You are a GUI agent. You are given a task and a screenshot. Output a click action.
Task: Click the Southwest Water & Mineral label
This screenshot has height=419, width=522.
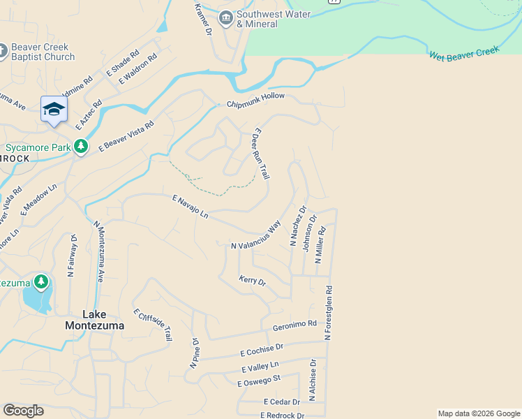257,19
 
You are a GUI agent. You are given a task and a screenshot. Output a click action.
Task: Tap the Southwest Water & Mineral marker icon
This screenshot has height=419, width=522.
225,18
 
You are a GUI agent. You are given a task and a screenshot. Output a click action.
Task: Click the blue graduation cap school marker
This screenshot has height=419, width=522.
54,110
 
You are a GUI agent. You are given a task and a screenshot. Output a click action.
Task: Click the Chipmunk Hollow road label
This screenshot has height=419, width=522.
256,104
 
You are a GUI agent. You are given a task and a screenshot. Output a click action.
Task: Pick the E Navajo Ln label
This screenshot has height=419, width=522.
191,207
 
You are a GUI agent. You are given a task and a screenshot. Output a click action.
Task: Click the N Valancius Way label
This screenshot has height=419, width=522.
255,235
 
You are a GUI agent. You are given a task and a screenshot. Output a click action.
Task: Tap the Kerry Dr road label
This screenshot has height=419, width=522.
253,281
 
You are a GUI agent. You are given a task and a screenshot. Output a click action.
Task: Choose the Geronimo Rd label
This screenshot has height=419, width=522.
294,325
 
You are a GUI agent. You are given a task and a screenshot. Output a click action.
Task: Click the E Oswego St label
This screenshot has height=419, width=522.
258,381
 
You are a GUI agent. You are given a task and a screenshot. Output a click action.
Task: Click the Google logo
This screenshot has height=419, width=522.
23,411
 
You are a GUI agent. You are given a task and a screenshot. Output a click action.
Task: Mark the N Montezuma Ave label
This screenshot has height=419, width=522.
98,251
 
